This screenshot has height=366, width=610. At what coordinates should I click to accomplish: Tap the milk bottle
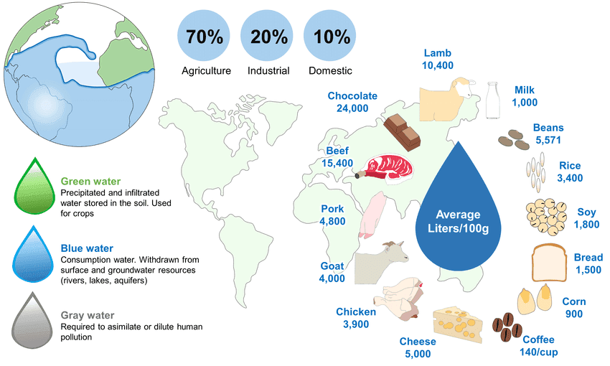493,101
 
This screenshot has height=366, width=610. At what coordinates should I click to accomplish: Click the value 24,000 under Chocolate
352,108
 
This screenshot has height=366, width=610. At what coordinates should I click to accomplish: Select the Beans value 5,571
548,141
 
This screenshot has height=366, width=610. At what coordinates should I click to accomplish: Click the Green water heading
91,182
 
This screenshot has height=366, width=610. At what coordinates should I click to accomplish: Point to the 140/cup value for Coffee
538,352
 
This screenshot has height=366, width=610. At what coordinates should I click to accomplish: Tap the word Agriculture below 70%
206,71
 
